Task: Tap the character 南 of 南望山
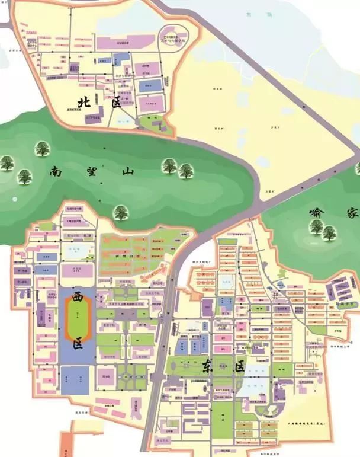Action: (x=57, y=174)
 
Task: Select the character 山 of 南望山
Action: (x=127, y=172)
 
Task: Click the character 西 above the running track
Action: (x=78, y=296)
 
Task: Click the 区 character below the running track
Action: (x=78, y=343)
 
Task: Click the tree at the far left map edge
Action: (x=7, y=162)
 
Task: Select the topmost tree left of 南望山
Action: (x=42, y=148)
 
